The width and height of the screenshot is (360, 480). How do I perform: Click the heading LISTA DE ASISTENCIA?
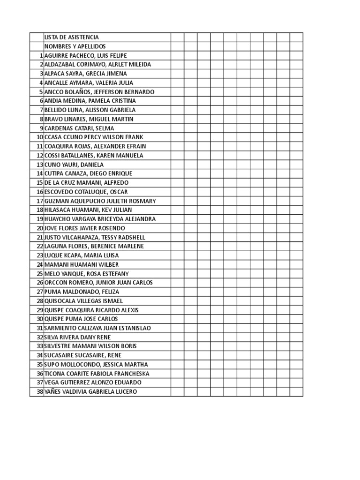pos(71,37)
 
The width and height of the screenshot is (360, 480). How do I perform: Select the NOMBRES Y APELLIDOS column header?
pos(75,46)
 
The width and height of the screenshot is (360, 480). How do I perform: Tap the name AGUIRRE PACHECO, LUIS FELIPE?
pos(85,55)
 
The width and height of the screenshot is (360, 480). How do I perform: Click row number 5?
pos(41,92)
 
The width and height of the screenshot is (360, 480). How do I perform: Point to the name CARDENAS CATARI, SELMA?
pos(79,128)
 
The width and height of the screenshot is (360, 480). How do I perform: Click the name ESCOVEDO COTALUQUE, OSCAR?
pos(86,192)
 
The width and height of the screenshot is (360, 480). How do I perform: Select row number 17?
pos(40,201)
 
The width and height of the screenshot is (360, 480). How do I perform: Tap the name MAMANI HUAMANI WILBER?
pos(82,264)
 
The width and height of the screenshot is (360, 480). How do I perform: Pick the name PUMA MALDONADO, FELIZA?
pos(82,292)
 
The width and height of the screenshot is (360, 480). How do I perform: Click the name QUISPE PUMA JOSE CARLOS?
pos(81,319)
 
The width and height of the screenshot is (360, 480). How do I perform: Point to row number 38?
pos(40,391)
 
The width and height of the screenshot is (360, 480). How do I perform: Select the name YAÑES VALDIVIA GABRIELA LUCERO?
pos(91,391)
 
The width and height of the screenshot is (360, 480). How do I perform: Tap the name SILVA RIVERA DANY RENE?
pos(78,337)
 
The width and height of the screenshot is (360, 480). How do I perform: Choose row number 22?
pos(40,246)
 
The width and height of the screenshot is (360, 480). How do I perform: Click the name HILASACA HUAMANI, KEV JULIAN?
pos(88,210)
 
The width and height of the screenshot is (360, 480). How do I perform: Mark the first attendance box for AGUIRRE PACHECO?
pos(177,55)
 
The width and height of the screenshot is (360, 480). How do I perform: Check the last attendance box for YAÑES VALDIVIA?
pos(296,391)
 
